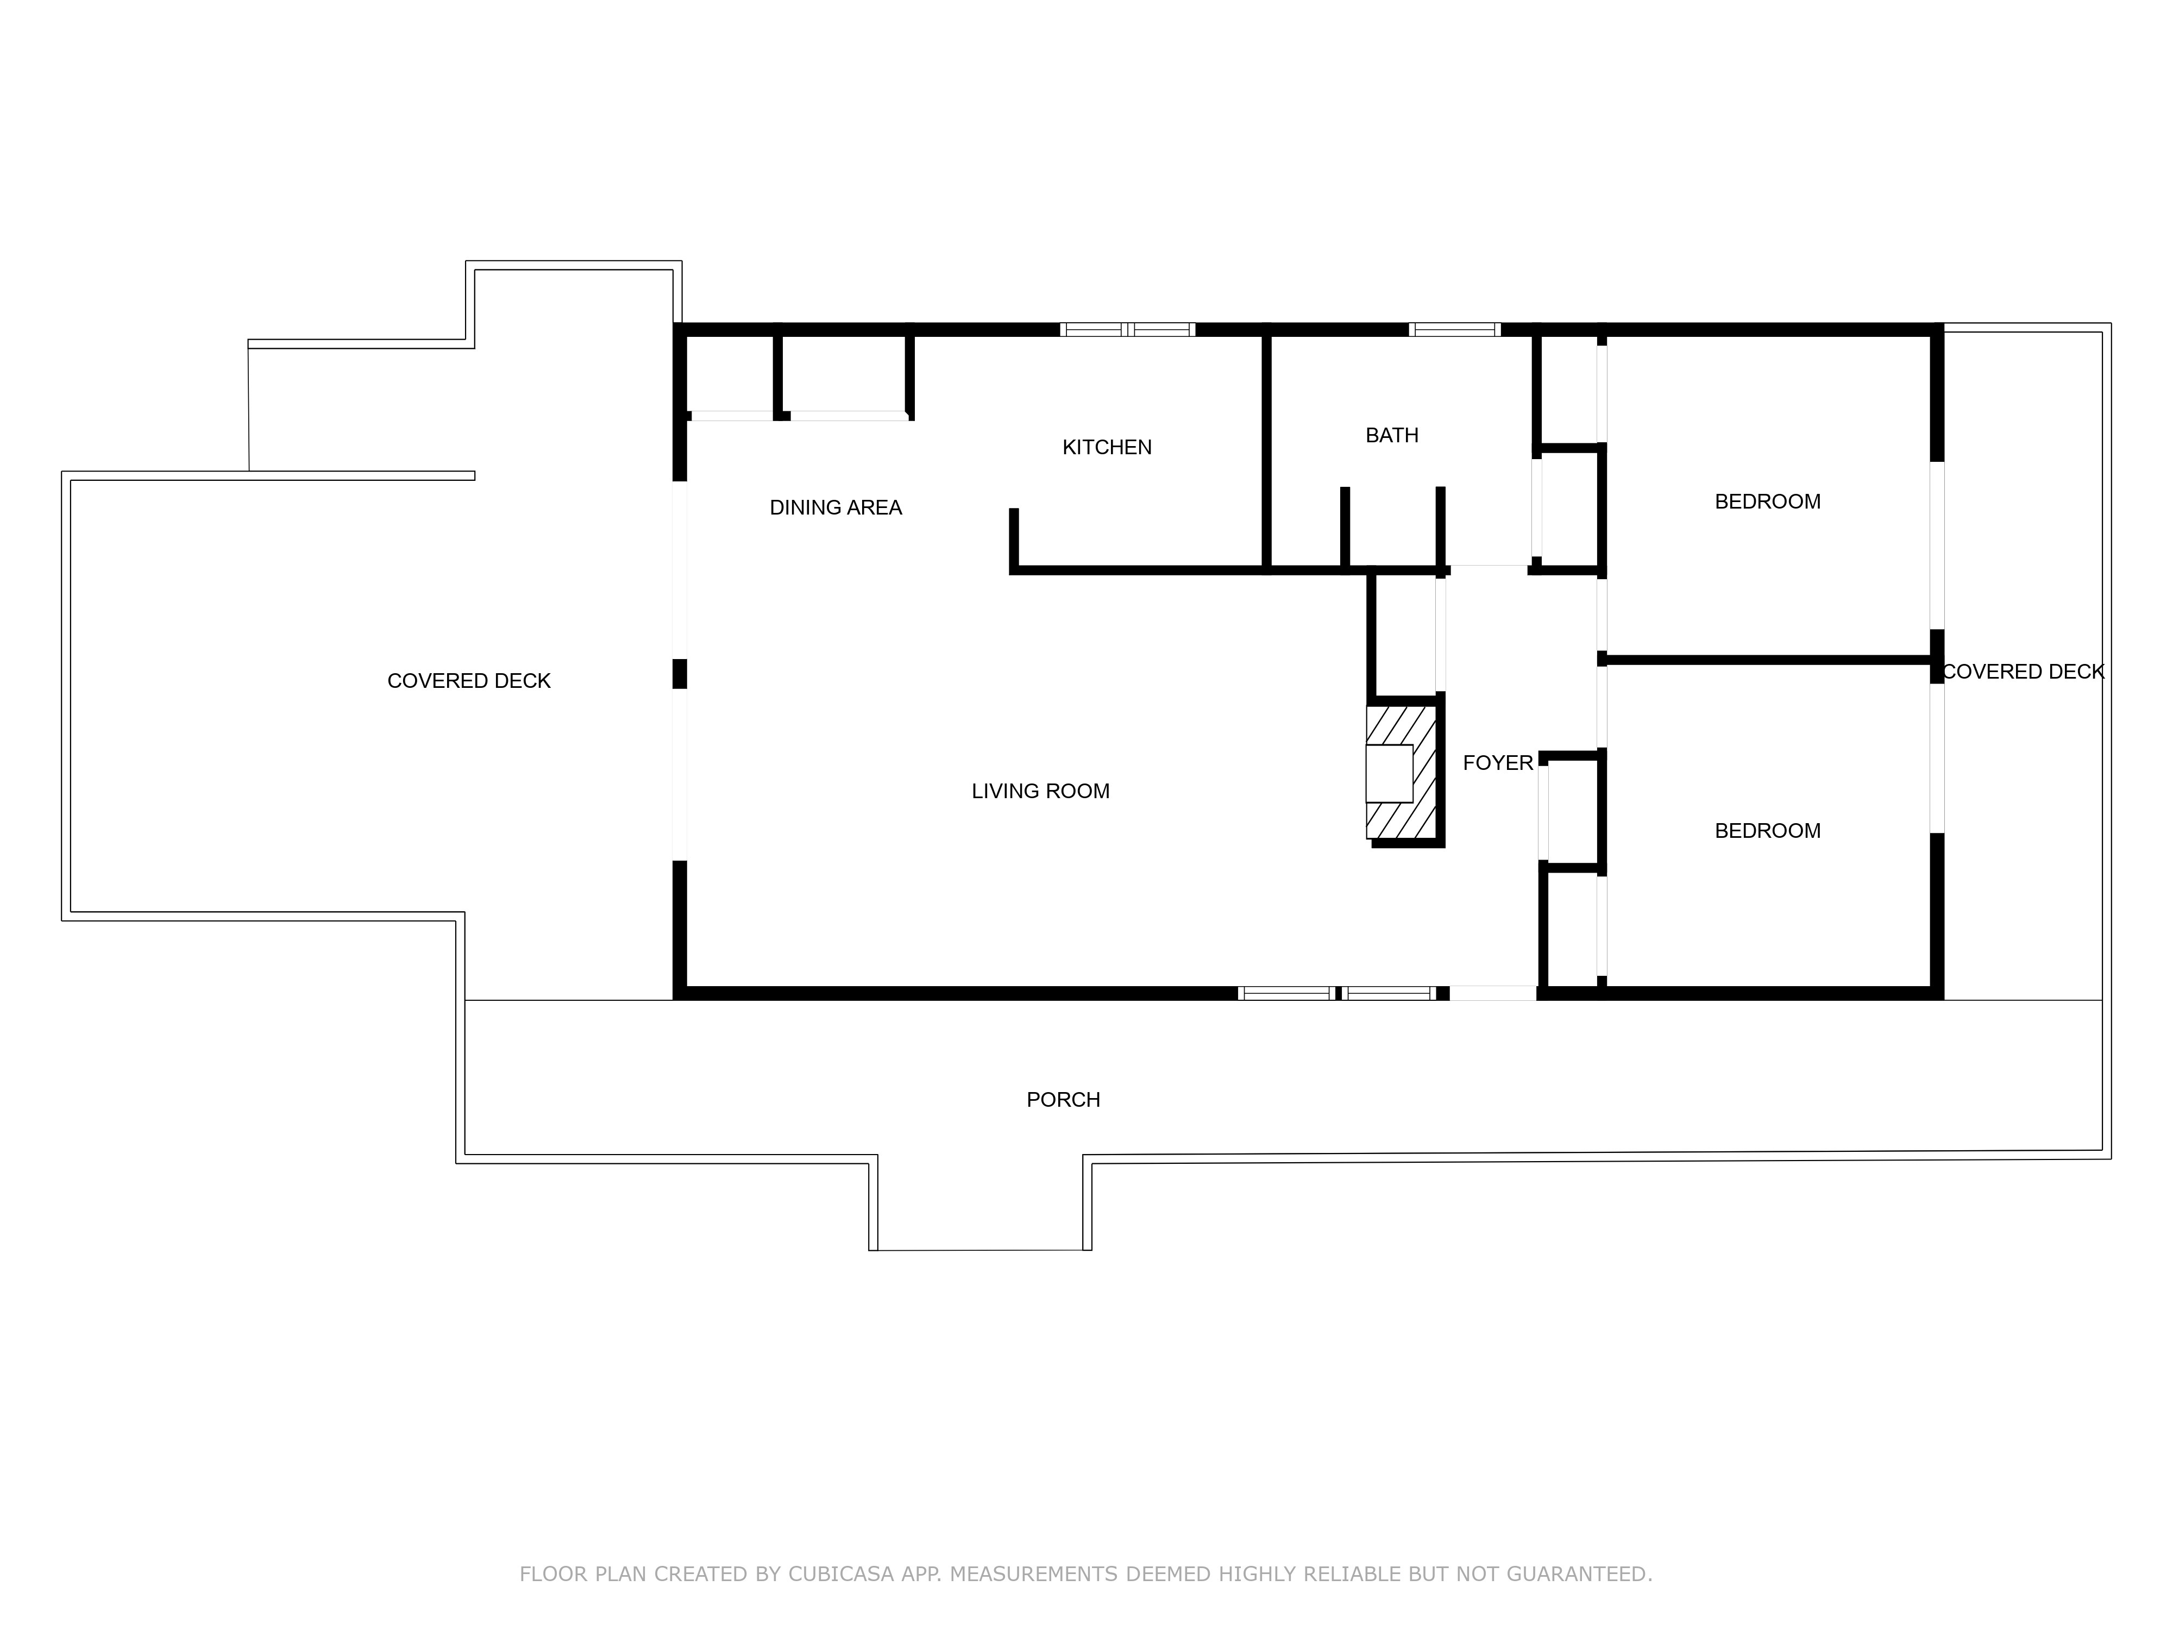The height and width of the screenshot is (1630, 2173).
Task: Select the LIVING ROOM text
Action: (x=1040, y=791)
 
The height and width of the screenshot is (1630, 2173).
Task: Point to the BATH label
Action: (x=1392, y=435)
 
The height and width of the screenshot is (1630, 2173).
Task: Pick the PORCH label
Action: (x=1063, y=1100)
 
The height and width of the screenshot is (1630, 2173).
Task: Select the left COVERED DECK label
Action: (x=469, y=681)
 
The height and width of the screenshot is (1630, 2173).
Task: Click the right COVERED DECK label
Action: (x=2023, y=672)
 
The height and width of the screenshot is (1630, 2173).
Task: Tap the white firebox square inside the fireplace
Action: (x=1389, y=773)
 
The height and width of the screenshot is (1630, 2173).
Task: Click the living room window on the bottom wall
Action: (x=1337, y=993)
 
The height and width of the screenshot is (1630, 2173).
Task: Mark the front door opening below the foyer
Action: (x=1493, y=993)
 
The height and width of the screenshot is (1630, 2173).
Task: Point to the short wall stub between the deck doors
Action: (x=679, y=674)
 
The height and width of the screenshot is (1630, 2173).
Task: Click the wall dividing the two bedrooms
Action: (x=1768, y=660)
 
